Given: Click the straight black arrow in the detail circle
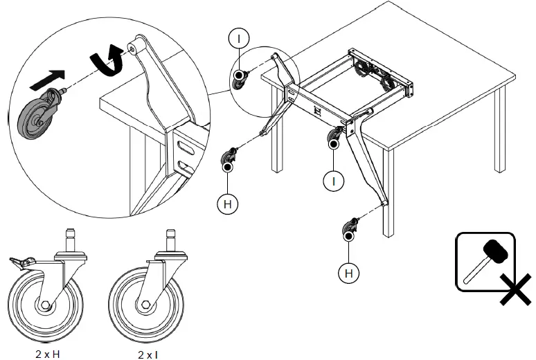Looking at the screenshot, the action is click(48, 80).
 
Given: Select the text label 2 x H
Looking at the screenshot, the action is click(50, 354).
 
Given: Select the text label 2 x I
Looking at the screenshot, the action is click(148, 355).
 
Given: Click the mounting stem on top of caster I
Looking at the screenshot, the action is click(170, 240).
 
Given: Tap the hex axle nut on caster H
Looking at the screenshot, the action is click(45, 305).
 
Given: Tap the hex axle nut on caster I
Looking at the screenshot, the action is click(145, 305).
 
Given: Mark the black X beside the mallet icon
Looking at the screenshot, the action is click(516, 289).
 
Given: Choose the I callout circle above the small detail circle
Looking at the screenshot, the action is click(239, 39).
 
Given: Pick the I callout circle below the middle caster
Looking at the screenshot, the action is click(334, 181).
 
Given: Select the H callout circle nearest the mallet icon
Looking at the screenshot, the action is click(348, 273).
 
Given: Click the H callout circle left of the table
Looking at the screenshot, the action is click(228, 204).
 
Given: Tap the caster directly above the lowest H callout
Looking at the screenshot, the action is click(350, 229).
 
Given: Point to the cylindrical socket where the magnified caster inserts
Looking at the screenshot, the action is click(136, 46).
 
